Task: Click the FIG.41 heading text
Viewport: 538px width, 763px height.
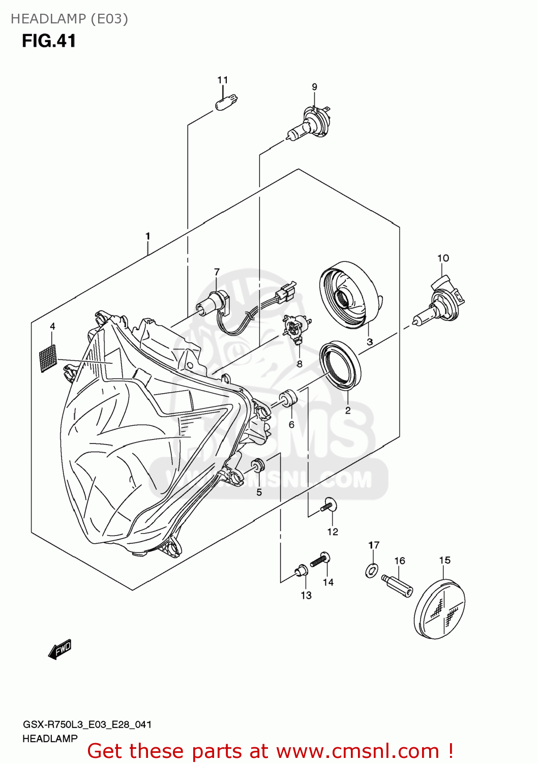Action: click(49, 41)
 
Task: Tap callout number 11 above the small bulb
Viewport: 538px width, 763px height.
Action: click(222, 80)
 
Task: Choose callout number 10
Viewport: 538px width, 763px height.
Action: click(443, 258)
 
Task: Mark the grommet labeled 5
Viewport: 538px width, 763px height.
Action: click(258, 465)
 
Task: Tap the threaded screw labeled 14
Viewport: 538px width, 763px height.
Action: click(320, 560)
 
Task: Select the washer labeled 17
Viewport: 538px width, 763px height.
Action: click(372, 570)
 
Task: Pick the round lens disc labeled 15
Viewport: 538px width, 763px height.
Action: click(440, 609)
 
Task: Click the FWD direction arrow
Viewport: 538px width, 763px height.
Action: click(59, 650)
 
